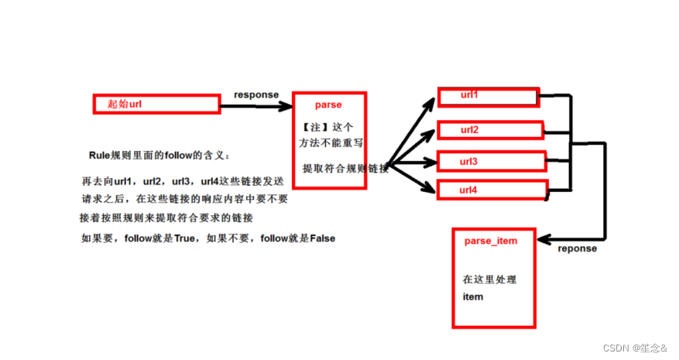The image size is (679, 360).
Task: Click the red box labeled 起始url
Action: click(154, 103)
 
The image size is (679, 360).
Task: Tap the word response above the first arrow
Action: click(256, 94)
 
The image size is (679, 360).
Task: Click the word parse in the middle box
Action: click(328, 105)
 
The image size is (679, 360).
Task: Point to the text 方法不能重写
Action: click(331, 143)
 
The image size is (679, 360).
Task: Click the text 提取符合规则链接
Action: click(345, 168)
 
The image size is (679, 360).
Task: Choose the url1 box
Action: click(487, 97)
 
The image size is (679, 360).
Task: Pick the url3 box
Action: click(492, 162)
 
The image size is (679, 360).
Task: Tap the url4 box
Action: click(492, 189)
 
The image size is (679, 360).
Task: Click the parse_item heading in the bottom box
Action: click(491, 241)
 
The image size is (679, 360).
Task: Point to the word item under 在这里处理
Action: click(473, 297)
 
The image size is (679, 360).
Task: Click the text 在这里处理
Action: click(489, 279)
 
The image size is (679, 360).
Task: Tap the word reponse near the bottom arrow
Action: click(578, 249)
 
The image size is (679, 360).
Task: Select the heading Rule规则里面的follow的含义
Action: click(159, 155)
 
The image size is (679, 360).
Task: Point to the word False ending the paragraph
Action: click(322, 238)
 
